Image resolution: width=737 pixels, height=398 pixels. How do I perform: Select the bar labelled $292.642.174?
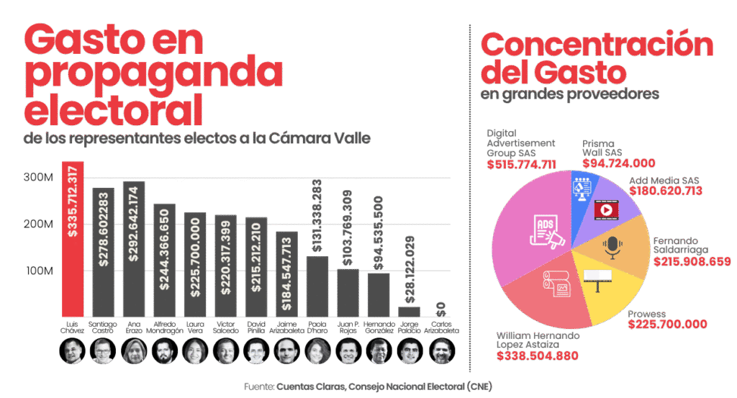click(x=134, y=248)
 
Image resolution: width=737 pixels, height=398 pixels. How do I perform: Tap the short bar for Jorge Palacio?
click(x=409, y=311)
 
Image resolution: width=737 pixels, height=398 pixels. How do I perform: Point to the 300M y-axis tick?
click(x=40, y=178)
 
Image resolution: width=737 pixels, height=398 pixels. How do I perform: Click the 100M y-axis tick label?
click(x=40, y=271)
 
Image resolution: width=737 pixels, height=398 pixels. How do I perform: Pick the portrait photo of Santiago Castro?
click(x=103, y=351)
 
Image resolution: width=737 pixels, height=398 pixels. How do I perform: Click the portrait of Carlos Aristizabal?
click(x=442, y=351)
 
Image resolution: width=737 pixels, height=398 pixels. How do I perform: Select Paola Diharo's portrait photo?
click(x=318, y=351)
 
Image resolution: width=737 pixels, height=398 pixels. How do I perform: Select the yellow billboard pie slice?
click(x=601, y=288)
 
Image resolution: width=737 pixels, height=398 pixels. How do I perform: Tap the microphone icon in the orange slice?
click(x=612, y=247)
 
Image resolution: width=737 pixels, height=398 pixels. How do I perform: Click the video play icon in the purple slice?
click(x=605, y=209)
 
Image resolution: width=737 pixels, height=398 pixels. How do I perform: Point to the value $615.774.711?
click(x=521, y=165)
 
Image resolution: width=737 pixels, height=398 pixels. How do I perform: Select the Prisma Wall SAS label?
click(x=602, y=148)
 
